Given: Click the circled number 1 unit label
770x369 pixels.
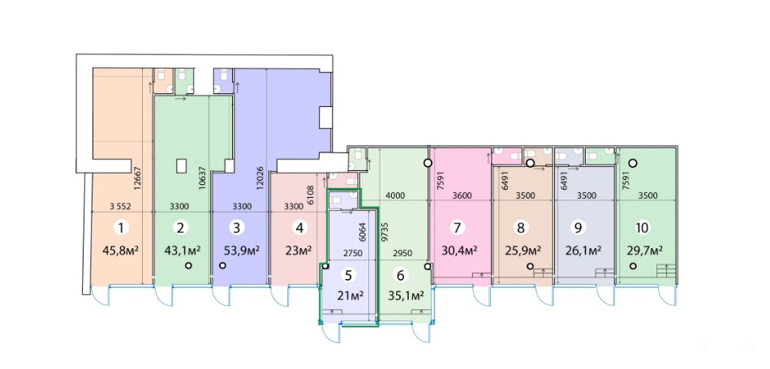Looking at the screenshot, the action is (120, 227).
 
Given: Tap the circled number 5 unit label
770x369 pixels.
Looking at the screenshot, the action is (348, 275).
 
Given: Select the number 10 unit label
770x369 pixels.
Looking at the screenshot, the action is (642, 228).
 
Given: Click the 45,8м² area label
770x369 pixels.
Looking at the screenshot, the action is (120, 251).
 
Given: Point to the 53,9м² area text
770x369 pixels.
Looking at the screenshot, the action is (242, 251).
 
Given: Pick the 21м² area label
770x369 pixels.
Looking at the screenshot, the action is (350, 296).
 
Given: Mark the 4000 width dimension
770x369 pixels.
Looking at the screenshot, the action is (395, 195).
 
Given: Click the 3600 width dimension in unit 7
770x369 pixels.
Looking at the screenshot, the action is (462, 195).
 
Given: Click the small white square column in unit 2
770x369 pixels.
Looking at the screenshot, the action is (181, 165).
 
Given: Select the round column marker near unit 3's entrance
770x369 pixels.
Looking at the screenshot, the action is (222, 265).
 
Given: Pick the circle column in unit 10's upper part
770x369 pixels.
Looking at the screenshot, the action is (634, 163).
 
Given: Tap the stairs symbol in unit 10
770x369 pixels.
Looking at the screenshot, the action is (666, 270).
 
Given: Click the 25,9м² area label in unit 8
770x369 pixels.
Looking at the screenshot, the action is (523, 251).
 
